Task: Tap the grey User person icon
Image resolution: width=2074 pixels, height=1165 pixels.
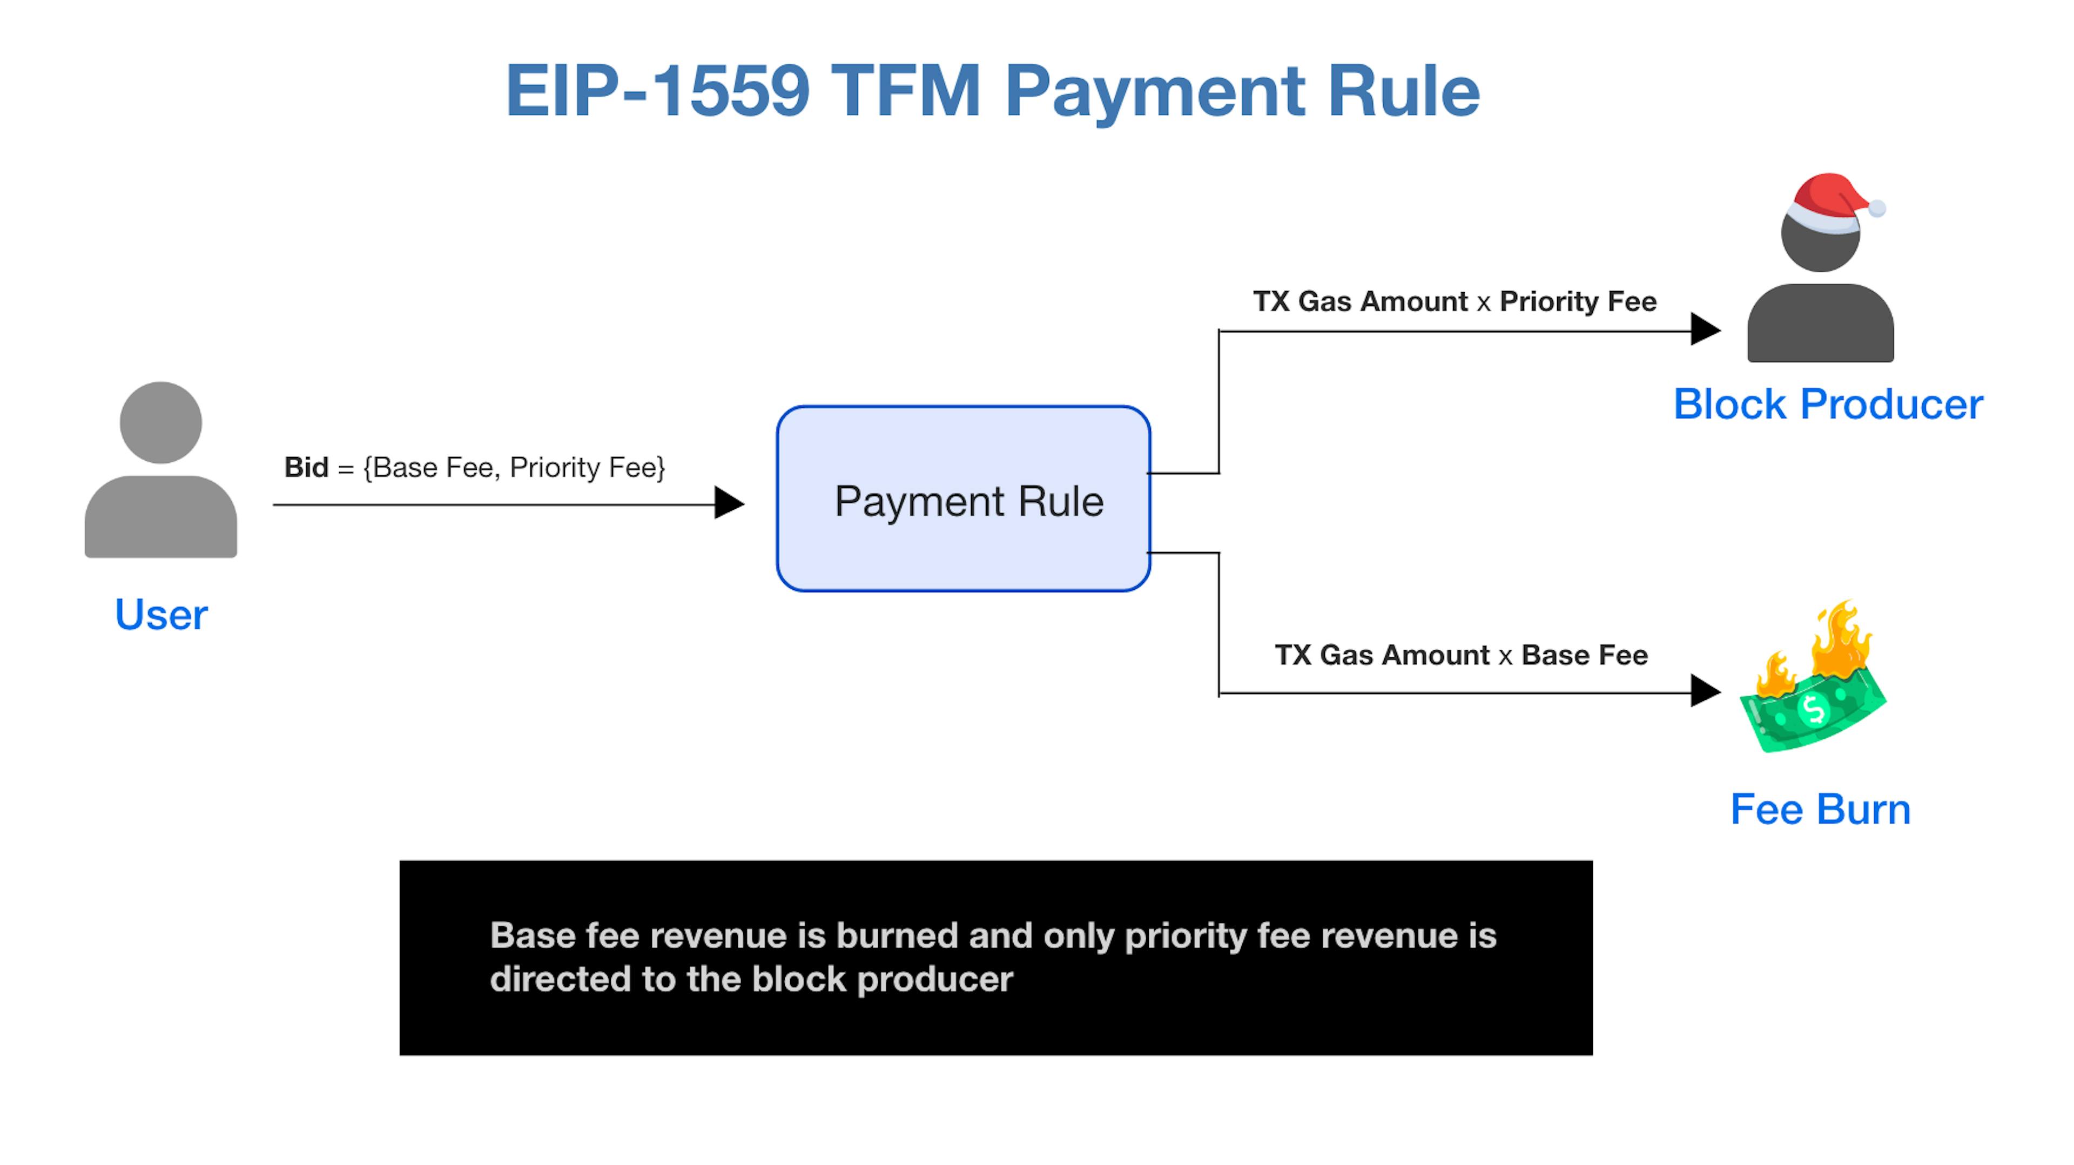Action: pyautogui.click(x=161, y=469)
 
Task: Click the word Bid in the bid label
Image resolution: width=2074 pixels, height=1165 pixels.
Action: pyautogui.click(x=306, y=467)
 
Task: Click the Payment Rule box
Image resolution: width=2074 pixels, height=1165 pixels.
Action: pyautogui.click(x=964, y=499)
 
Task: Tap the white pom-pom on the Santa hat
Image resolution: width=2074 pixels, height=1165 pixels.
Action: pyautogui.click(x=1877, y=208)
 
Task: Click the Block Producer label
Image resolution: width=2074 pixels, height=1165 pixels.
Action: pyautogui.click(x=1828, y=404)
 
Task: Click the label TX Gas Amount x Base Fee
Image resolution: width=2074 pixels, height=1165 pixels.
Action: pyautogui.click(x=1462, y=655)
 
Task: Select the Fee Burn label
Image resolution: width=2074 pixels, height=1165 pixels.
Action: pyautogui.click(x=1820, y=809)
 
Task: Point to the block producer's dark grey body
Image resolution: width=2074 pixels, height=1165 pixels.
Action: pyautogui.click(x=1820, y=322)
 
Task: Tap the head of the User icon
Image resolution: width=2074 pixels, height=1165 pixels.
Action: pyautogui.click(x=161, y=423)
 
